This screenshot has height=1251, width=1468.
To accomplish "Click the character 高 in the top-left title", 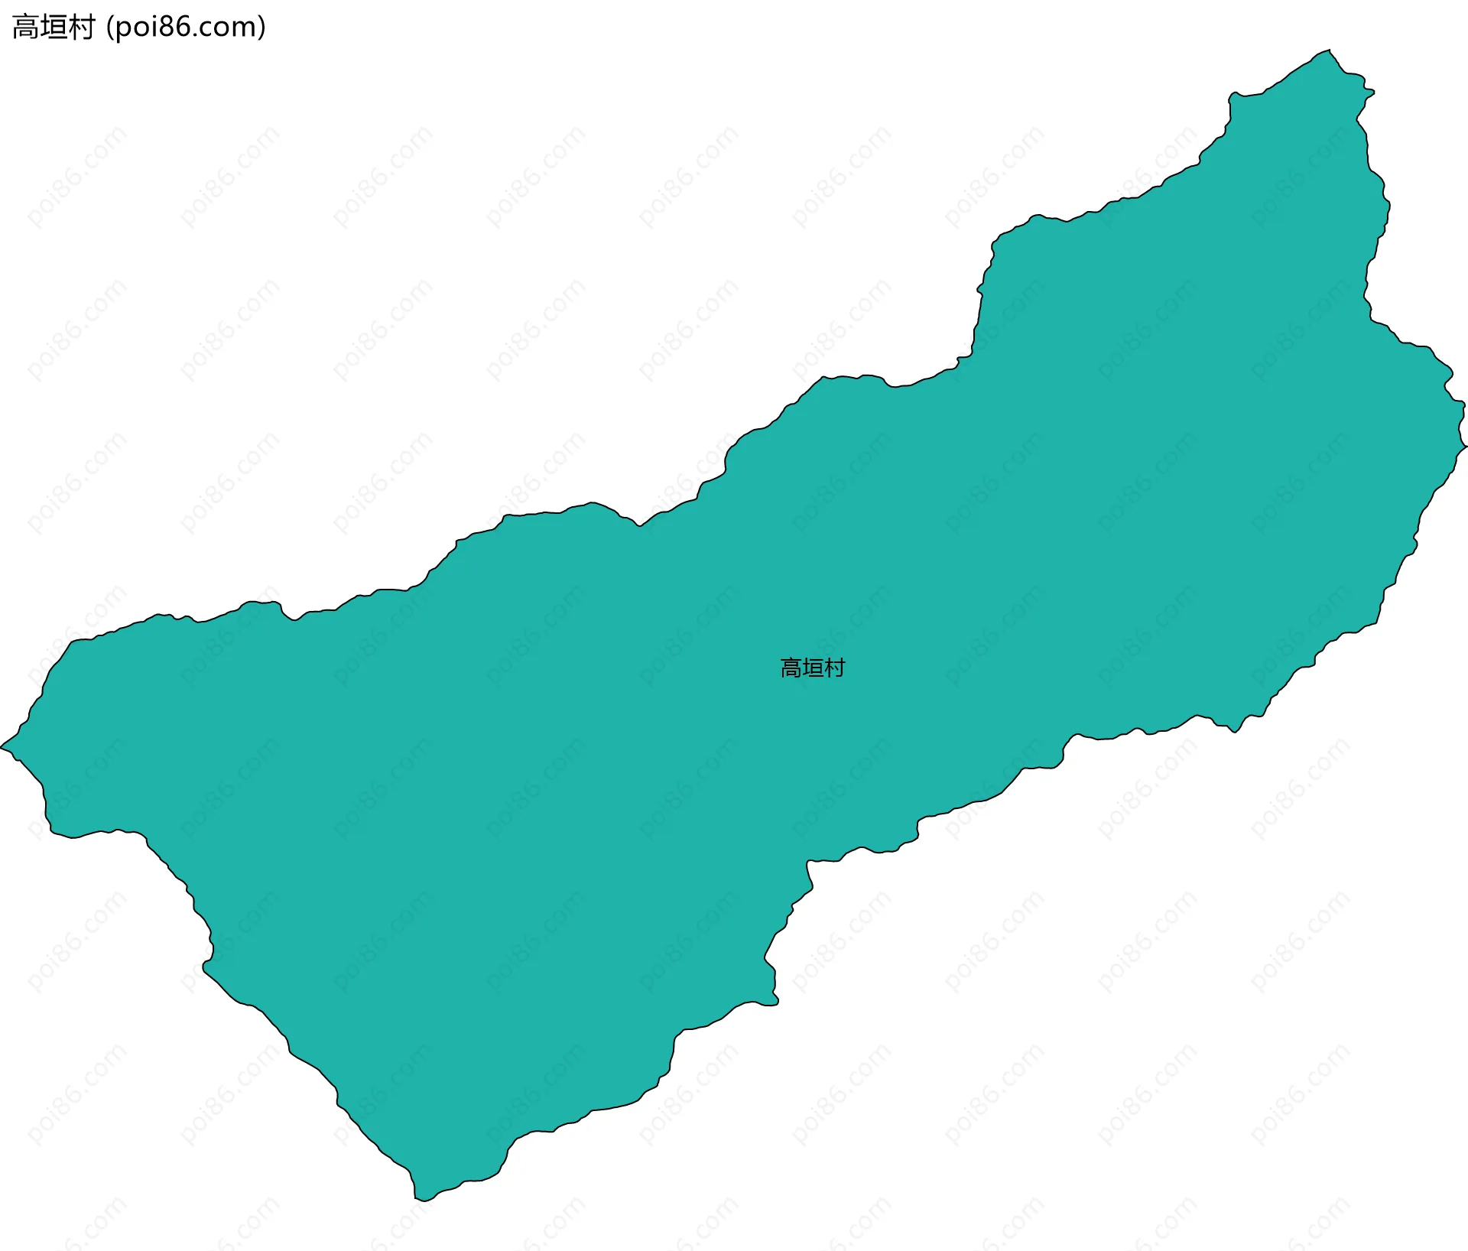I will tap(26, 28).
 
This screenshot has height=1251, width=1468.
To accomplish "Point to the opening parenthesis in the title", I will tap(110, 28).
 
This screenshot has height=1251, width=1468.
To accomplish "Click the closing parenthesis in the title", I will tap(262, 28).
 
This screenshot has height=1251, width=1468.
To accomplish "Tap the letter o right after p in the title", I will tap(138, 28).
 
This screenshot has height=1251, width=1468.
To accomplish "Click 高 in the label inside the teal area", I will tap(791, 668).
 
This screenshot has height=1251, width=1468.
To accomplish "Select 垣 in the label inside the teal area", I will tap(813, 668).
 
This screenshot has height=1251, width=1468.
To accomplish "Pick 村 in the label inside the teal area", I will tap(835, 668).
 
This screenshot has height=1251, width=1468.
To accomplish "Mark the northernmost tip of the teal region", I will tap(1329, 50).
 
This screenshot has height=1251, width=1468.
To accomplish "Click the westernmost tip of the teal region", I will tap(2, 746).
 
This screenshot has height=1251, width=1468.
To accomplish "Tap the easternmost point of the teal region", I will tap(1465, 445).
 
